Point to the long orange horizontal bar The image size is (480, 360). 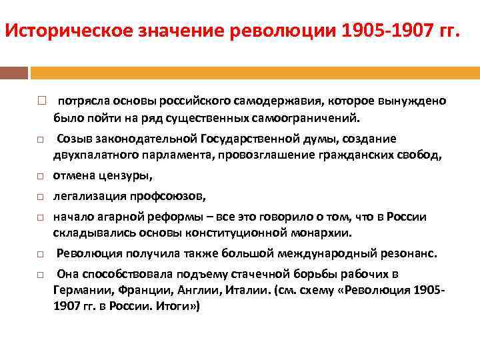pos(253,73)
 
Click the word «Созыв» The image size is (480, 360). pos(73,139)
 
